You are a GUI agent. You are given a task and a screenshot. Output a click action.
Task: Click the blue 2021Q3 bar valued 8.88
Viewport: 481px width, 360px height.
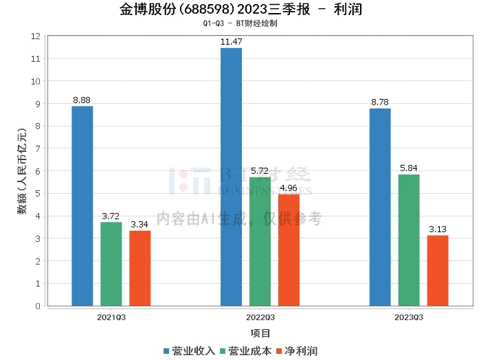[82, 205]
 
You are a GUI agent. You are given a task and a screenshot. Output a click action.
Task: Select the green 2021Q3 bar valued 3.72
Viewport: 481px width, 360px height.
[111, 264]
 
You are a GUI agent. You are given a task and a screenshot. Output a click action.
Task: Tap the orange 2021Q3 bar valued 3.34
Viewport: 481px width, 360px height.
[139, 268]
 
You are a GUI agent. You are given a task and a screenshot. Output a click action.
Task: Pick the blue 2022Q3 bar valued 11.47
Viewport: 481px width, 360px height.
[232, 177]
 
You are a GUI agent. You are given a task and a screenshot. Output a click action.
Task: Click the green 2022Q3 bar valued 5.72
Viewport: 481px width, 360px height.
[260, 241]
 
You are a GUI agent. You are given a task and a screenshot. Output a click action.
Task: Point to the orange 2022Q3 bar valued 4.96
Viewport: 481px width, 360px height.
[289, 250]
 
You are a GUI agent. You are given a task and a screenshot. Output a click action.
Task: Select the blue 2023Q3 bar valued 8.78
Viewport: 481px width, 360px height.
[380, 207]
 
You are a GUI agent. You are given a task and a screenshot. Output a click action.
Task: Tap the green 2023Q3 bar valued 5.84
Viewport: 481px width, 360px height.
[409, 240]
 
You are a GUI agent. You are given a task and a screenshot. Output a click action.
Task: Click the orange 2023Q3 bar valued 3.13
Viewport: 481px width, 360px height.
[438, 271]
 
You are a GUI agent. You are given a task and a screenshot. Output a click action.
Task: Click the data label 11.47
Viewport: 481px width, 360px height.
[232, 42]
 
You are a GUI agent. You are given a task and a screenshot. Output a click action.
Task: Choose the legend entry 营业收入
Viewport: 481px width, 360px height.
[189, 351]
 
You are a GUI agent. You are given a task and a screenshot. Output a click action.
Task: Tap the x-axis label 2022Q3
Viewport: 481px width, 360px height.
[260, 317]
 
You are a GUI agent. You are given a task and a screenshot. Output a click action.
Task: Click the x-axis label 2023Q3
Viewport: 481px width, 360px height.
[409, 317]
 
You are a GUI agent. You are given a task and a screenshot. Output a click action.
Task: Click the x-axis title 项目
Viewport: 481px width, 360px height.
[260, 333]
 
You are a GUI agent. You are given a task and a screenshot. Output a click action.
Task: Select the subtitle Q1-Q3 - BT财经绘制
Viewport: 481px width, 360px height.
[240, 23]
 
